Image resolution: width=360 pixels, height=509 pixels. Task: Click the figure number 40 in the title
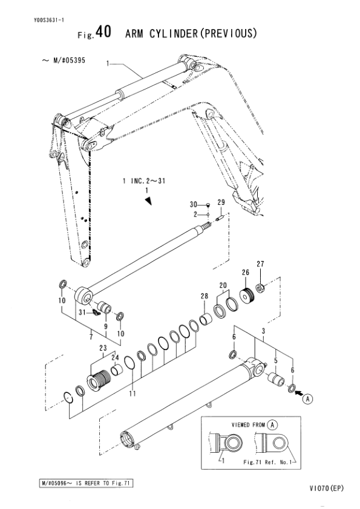(x=103, y=32)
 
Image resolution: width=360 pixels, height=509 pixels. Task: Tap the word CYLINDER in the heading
(x=174, y=33)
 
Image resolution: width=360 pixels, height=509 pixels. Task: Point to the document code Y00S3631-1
(x=49, y=20)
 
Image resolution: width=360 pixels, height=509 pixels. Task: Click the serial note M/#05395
(x=69, y=60)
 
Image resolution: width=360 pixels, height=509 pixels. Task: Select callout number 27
(x=260, y=264)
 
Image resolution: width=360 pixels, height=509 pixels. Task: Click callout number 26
(x=246, y=273)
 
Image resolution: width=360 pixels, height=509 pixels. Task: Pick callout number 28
(x=204, y=296)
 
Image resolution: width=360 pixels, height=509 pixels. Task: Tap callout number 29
(x=221, y=203)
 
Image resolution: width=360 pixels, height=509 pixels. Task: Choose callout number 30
(x=194, y=204)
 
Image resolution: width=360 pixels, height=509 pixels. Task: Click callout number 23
(x=103, y=348)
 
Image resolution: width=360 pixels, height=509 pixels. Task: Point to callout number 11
(x=133, y=394)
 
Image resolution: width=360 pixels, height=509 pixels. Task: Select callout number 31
(x=82, y=313)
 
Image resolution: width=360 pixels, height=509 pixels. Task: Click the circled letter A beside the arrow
(x=307, y=398)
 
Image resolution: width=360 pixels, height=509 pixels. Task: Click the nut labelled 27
(x=261, y=288)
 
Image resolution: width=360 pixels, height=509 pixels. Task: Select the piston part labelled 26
(x=247, y=295)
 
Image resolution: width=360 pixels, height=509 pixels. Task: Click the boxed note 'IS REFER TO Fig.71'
(x=102, y=483)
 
